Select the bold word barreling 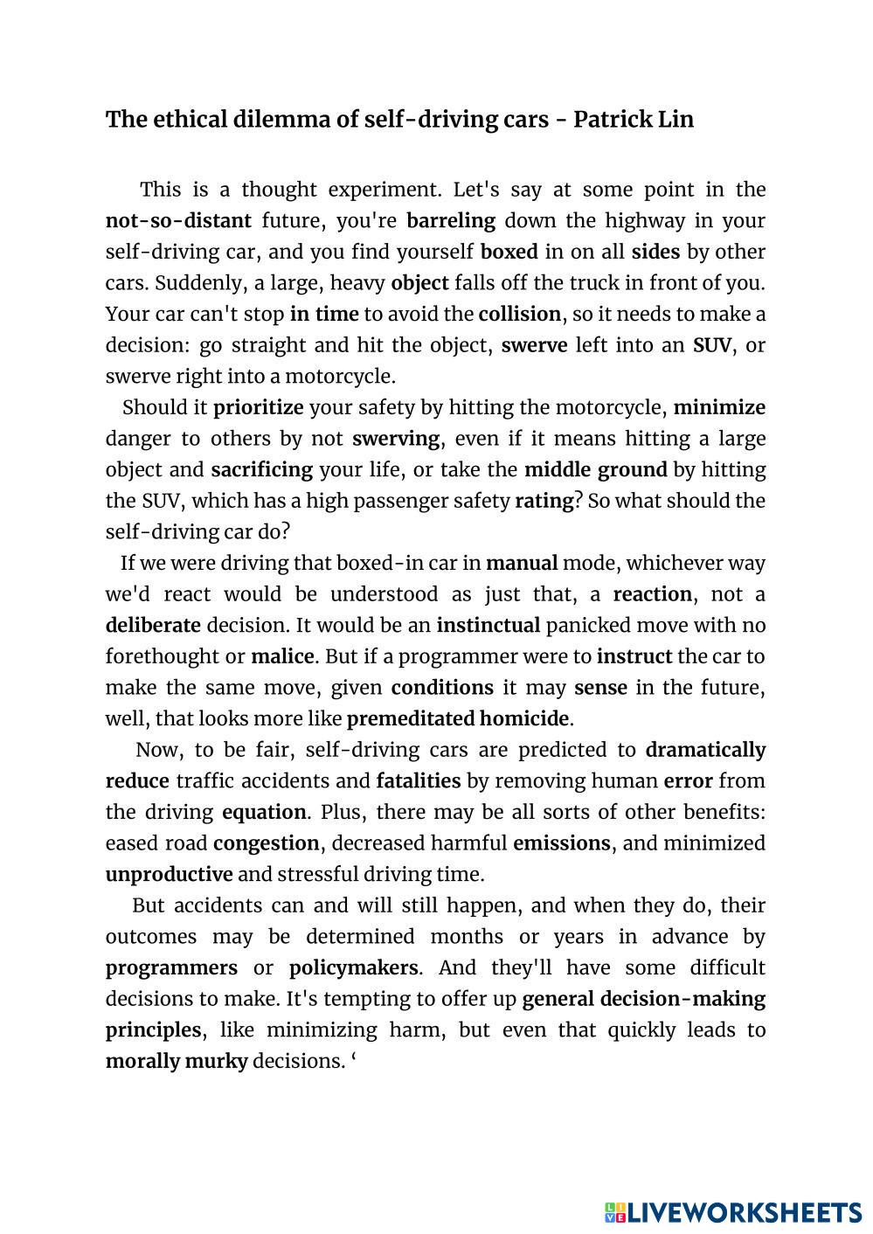point(451,221)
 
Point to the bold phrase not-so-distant point(178,221)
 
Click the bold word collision point(520,314)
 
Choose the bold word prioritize point(259,407)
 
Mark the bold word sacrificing point(261,470)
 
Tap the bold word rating point(544,502)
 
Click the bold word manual point(522,564)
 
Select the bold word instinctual point(488,626)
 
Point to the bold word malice point(282,657)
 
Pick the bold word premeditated point(411,719)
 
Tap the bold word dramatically point(705,751)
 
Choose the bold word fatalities point(419,781)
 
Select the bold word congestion point(267,844)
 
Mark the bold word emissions point(562,844)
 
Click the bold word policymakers point(353,968)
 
